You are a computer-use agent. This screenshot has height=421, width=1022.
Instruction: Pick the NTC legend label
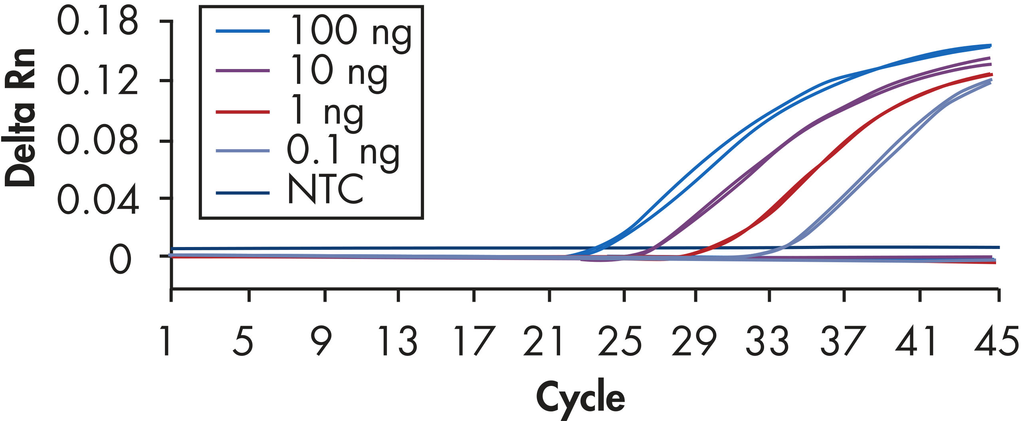tap(325, 190)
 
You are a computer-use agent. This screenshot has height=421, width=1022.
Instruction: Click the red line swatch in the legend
tap(243, 112)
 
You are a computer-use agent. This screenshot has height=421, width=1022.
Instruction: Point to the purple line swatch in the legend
tap(243, 71)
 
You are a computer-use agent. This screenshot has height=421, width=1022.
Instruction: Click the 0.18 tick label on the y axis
tap(98, 22)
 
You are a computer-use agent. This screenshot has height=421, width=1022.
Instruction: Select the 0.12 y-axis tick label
tap(98, 81)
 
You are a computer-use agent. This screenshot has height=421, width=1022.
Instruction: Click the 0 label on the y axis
tap(120, 259)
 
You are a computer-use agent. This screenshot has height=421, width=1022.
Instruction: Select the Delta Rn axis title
tap(20, 118)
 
